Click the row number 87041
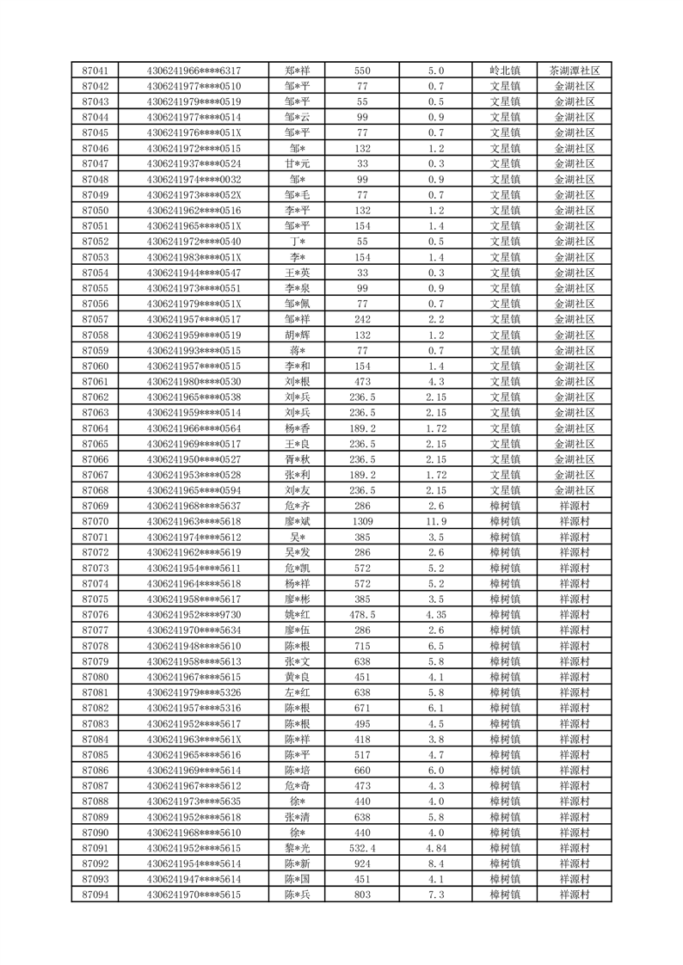pyautogui.click(x=95, y=71)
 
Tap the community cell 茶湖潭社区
pyautogui.click(x=574, y=71)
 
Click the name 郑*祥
pyautogui.click(x=298, y=71)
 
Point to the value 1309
pyautogui.click(x=362, y=521)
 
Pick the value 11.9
pyautogui.click(x=435, y=521)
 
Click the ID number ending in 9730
pyautogui.click(x=194, y=615)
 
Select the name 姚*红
pyautogui.click(x=298, y=615)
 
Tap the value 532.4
pyautogui.click(x=362, y=848)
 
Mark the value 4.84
pyautogui.click(x=435, y=848)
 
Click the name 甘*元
pyautogui.click(x=298, y=163)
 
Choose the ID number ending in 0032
pyautogui.click(x=194, y=179)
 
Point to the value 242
pyautogui.click(x=362, y=319)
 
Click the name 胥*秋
pyautogui.click(x=298, y=459)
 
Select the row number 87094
pyautogui.click(x=95, y=894)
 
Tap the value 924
pyautogui.click(x=362, y=864)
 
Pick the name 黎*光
pyautogui.click(x=298, y=848)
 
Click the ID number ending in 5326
pyautogui.click(x=194, y=692)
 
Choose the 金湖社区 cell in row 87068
pyautogui.click(x=574, y=490)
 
